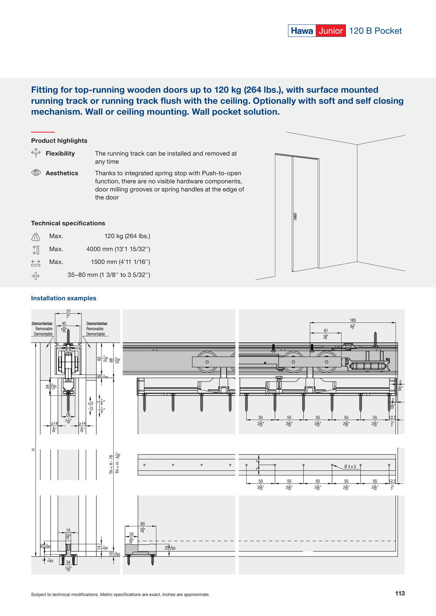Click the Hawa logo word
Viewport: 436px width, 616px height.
point(302,31)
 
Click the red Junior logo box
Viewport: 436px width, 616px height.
point(331,31)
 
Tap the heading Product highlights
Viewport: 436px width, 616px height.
point(59,140)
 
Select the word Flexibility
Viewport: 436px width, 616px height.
point(60,154)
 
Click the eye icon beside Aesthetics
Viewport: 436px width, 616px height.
point(36,173)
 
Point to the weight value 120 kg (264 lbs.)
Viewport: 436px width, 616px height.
point(127,236)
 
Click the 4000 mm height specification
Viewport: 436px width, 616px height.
point(118,249)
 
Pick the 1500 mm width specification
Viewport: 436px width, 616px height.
point(120,262)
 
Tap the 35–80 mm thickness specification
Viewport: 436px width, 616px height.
point(109,275)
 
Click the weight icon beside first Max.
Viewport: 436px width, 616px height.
point(36,237)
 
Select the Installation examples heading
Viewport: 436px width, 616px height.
point(64,298)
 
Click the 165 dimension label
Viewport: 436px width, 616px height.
point(353,320)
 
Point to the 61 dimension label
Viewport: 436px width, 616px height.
point(326,330)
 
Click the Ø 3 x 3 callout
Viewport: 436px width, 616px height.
point(350,466)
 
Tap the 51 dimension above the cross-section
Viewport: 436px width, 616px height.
point(68,311)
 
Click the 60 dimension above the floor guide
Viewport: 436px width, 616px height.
point(142,524)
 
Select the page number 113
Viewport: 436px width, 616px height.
point(400,593)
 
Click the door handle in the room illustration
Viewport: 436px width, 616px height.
point(295,216)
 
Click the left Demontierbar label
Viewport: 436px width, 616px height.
point(42,323)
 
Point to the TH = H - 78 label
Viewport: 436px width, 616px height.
point(111,464)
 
